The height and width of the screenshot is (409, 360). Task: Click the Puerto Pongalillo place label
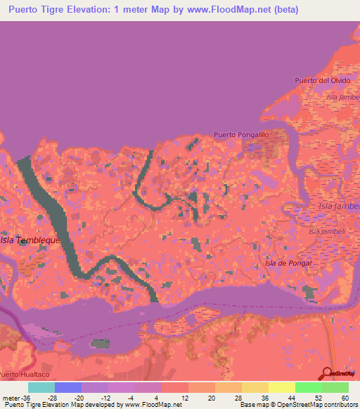[x=241, y=134]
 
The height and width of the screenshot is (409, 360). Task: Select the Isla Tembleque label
[x=30, y=240]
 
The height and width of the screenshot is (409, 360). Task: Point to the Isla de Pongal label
[x=287, y=263]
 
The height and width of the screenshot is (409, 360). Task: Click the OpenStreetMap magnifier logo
[x=326, y=373]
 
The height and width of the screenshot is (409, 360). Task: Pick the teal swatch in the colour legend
[x=41, y=387]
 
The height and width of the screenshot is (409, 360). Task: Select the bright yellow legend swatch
[x=281, y=387]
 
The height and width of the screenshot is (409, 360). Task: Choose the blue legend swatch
[x=67, y=387]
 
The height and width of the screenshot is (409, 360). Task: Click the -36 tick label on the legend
[x=27, y=398]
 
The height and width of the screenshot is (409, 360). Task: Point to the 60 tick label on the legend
[x=345, y=398]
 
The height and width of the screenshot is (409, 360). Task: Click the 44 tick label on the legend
[x=292, y=398]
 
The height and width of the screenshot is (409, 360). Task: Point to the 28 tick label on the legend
[x=239, y=398]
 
